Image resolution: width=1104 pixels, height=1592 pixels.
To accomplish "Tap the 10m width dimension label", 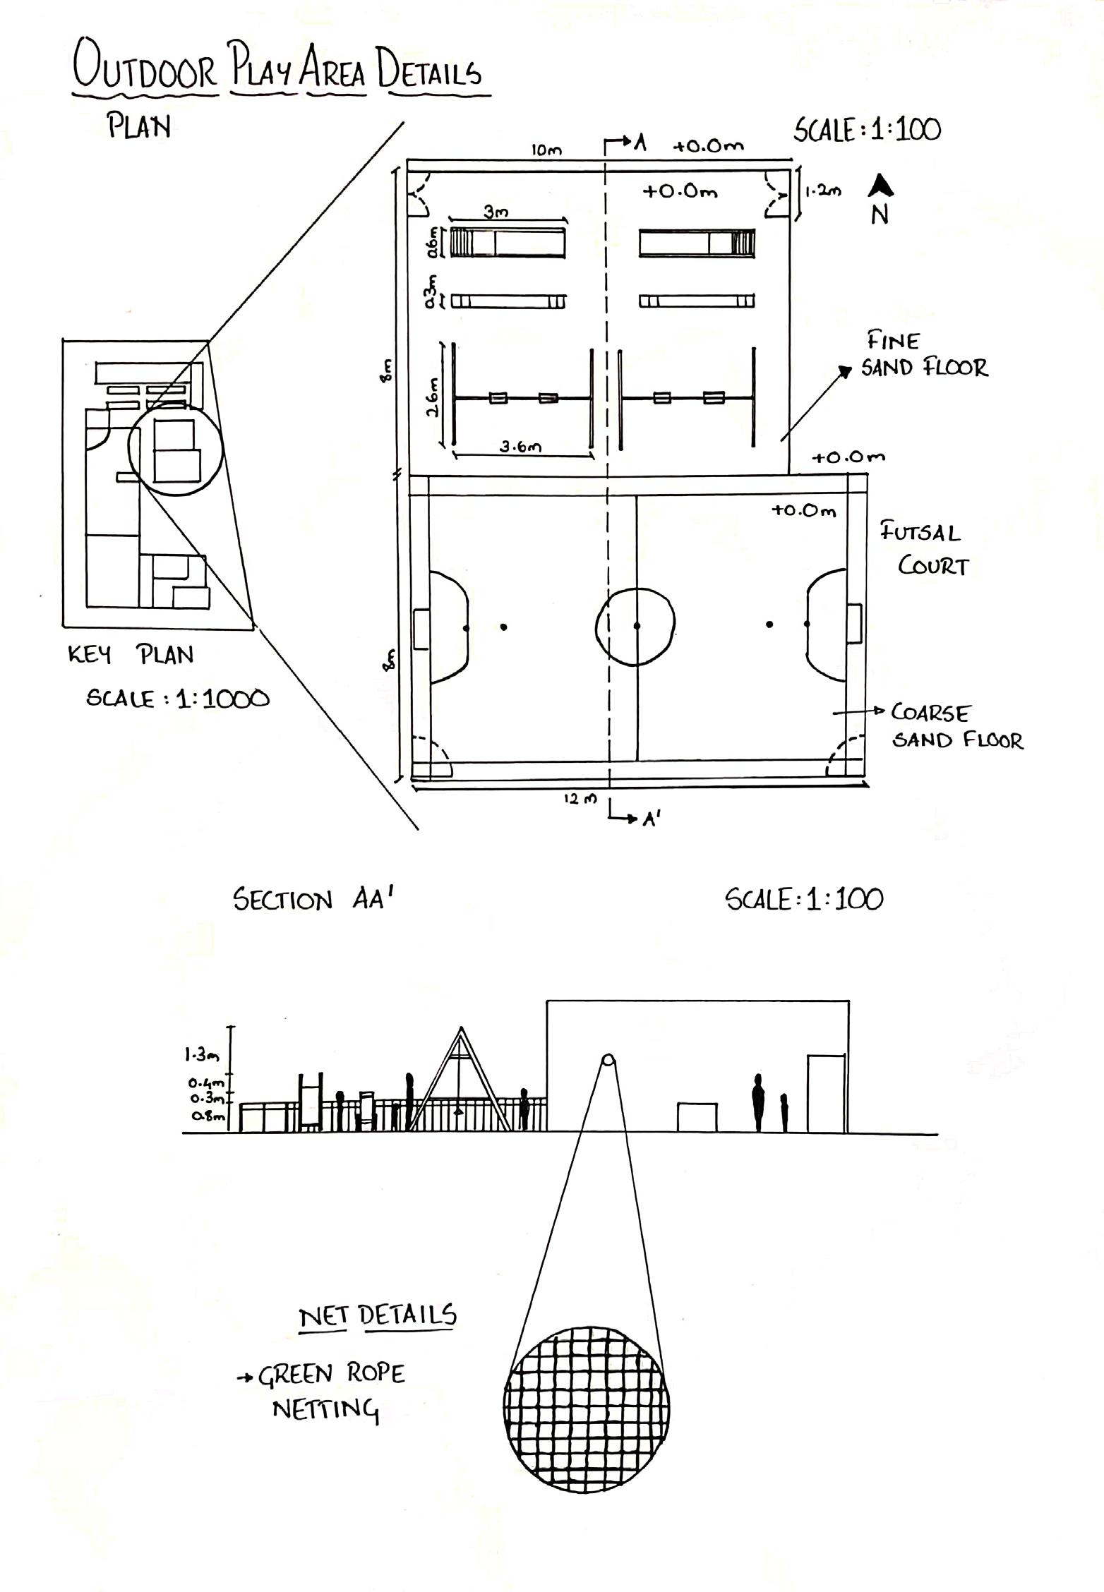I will click(x=546, y=150).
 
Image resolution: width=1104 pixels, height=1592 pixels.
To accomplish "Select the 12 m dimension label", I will click(x=580, y=799).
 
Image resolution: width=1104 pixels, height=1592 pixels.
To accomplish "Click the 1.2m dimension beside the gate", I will click(x=823, y=191).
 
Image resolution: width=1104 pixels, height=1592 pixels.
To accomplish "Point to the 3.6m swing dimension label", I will click(x=521, y=447).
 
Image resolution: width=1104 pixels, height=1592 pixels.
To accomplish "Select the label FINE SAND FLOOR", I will click(x=923, y=355).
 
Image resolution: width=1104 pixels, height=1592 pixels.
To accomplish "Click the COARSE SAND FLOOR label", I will click(x=956, y=726).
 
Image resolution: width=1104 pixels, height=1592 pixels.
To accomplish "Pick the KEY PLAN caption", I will click(x=131, y=655).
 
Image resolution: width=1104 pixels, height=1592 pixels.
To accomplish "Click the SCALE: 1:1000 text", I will click(x=177, y=699).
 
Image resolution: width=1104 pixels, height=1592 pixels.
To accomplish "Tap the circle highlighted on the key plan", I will click(x=175, y=449).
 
